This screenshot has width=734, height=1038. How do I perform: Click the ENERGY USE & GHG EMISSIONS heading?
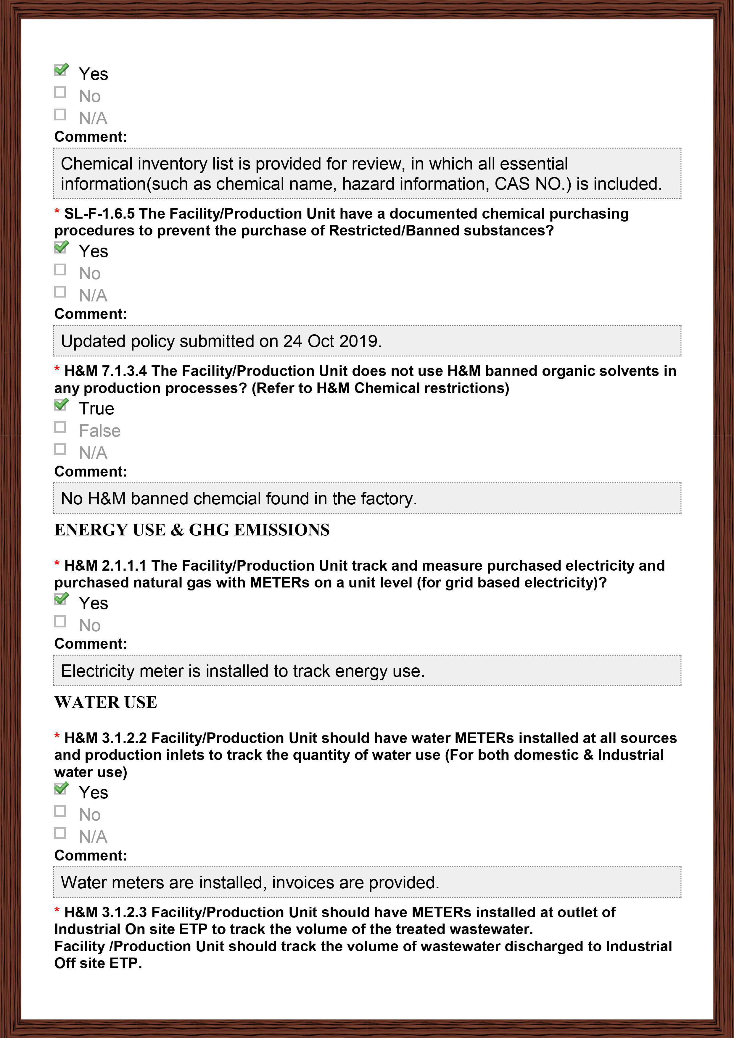tap(192, 530)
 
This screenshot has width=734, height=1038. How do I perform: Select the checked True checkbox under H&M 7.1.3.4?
tap(61, 405)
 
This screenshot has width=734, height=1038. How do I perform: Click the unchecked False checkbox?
tap(60, 427)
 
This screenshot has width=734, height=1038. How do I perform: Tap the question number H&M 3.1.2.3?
tap(105, 912)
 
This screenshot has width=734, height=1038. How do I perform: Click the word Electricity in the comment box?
tap(97, 671)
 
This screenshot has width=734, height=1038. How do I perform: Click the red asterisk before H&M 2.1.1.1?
tap(57, 564)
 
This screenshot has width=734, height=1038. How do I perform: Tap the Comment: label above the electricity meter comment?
tap(91, 644)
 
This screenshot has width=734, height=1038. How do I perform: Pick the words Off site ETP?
tap(98, 963)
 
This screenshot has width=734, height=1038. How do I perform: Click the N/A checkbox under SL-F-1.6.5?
tap(60, 292)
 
